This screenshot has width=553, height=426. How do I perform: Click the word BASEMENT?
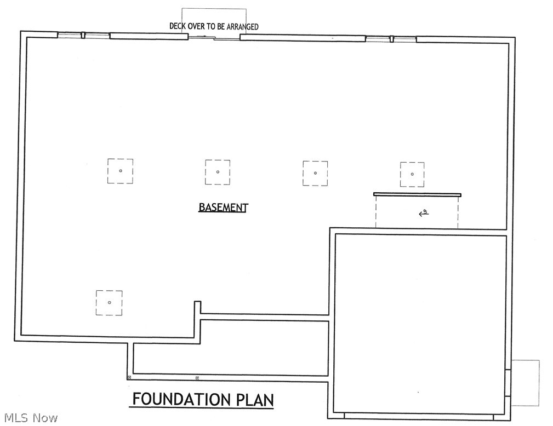click(223, 208)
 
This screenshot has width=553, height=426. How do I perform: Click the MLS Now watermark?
click(30, 418)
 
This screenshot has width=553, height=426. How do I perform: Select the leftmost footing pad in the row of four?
click(120, 171)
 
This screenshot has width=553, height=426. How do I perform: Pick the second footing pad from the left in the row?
click(218, 172)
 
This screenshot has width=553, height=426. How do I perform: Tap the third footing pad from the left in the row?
click(315, 173)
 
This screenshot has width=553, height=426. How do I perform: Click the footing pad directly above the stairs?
click(412, 174)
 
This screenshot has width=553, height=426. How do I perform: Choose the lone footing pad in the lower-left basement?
click(109, 303)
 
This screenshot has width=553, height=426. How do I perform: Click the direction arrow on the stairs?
click(423, 214)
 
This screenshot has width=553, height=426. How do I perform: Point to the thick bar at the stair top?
click(417, 194)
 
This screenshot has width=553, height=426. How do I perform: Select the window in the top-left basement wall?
click(83, 36)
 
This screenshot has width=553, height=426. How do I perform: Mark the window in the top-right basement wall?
click(391, 38)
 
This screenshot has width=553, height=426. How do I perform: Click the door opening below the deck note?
click(214, 37)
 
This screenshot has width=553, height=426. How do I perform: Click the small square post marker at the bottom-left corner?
click(129, 377)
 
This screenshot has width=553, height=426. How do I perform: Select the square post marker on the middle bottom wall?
click(197, 378)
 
